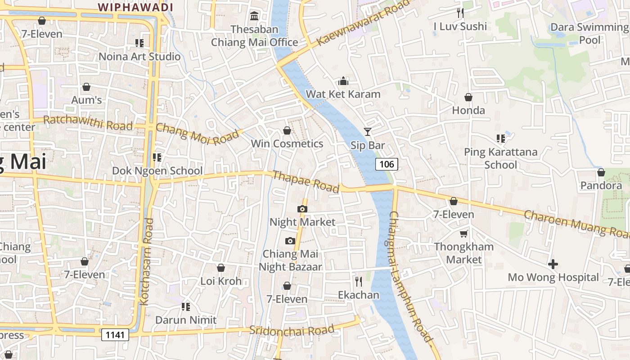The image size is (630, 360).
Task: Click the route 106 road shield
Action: click(x=387, y=164)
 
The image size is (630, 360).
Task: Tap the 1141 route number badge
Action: click(x=115, y=334)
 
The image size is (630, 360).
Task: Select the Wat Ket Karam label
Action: click(x=343, y=94)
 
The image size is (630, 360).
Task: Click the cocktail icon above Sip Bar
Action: click(x=368, y=132)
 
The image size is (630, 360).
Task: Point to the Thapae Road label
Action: click(x=306, y=182)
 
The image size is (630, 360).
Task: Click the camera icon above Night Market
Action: click(x=302, y=209)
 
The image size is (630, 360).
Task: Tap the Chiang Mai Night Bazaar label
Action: click(x=290, y=260)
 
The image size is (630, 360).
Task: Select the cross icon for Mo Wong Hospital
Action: click(x=553, y=264)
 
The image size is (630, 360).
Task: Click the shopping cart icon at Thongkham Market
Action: click(x=463, y=234)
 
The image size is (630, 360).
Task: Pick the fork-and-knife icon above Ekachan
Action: click(x=359, y=282)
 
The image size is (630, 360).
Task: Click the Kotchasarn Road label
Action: click(x=147, y=262)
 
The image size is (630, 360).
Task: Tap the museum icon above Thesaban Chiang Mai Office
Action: click(x=254, y=16)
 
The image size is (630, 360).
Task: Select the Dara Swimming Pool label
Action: click(x=589, y=33)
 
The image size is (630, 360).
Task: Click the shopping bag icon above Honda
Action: click(x=468, y=97)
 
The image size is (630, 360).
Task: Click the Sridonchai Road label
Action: click(x=292, y=330)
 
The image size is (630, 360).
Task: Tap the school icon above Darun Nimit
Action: click(x=185, y=307)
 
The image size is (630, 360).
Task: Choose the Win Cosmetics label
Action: click(x=287, y=144)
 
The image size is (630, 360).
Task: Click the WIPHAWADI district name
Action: click(x=135, y=7)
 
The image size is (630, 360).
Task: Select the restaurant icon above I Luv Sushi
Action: click(x=460, y=13)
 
